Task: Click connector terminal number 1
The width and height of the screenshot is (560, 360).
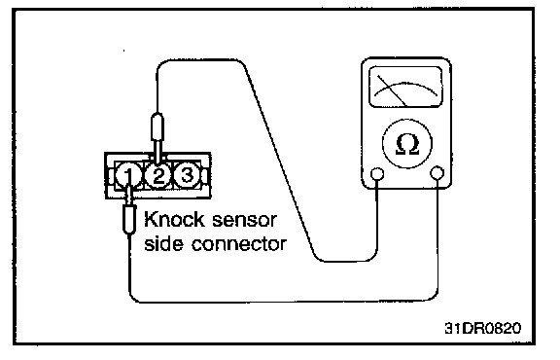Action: click(x=128, y=175)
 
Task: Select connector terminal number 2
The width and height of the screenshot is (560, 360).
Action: click(x=157, y=175)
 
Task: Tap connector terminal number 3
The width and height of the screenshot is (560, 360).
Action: click(x=186, y=175)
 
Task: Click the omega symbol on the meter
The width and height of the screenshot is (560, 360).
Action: click(x=407, y=144)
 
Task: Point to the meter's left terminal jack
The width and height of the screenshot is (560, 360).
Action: click(x=377, y=174)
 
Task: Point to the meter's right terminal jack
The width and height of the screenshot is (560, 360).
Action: click(x=437, y=173)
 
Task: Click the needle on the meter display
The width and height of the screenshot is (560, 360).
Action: click(x=392, y=90)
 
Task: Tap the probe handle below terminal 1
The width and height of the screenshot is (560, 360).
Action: click(x=129, y=220)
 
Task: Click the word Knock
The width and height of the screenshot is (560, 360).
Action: click(x=175, y=220)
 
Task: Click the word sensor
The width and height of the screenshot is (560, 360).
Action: click(x=244, y=221)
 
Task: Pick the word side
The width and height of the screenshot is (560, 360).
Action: click(x=164, y=244)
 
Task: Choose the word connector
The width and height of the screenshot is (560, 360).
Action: click(x=239, y=245)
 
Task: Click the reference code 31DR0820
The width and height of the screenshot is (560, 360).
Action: click(x=482, y=328)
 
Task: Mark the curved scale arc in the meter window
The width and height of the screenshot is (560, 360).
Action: click(x=405, y=86)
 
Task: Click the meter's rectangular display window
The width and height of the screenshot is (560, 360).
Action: click(x=405, y=87)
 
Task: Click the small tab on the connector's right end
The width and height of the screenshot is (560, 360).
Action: click(x=204, y=175)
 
